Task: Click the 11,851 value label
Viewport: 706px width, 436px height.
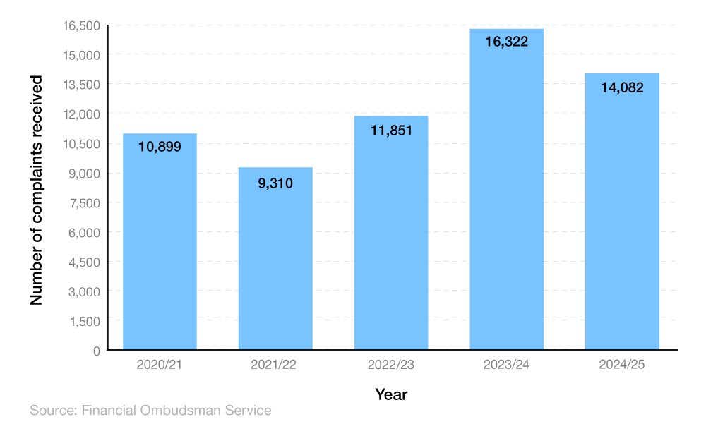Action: tap(390, 131)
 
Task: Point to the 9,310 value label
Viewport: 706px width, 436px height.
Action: tap(275, 183)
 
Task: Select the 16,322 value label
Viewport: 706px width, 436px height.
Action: tap(506, 42)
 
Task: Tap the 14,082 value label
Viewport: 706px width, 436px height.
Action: tap(622, 90)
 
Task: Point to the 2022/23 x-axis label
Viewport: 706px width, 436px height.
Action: tap(391, 365)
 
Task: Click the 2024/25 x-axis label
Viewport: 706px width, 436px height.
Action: tap(622, 365)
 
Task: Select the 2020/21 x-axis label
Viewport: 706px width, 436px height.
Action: tap(160, 365)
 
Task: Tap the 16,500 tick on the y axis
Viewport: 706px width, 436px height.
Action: tap(81, 25)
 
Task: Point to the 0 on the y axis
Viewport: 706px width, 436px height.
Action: tap(96, 351)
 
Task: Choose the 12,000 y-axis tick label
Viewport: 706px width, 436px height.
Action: tap(81, 114)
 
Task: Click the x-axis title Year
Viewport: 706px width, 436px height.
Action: tap(391, 394)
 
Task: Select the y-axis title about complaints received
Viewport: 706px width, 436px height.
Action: tap(37, 190)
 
